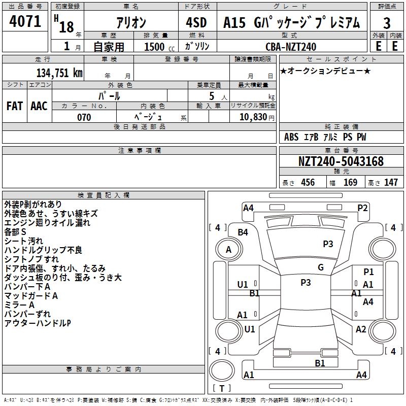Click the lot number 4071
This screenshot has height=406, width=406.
25,22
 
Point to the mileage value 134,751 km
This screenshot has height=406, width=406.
59,73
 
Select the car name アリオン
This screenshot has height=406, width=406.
130,23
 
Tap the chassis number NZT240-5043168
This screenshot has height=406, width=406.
341,161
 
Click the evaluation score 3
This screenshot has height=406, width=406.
387,23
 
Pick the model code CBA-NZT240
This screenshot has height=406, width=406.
291,47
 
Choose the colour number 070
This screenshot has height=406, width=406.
84,117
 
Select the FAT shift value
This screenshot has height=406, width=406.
15,106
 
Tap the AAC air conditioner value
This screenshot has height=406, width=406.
39,106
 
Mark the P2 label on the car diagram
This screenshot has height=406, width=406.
362,208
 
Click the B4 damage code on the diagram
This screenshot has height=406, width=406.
243,232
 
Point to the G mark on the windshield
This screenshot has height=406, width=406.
321,267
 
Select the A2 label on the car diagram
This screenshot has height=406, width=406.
361,329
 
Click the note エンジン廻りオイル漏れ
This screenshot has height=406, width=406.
47,222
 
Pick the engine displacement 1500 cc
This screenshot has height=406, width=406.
158,47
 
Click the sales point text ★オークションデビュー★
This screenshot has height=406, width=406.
325,71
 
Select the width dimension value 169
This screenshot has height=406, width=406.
350,183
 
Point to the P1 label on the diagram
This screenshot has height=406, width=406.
368,273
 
